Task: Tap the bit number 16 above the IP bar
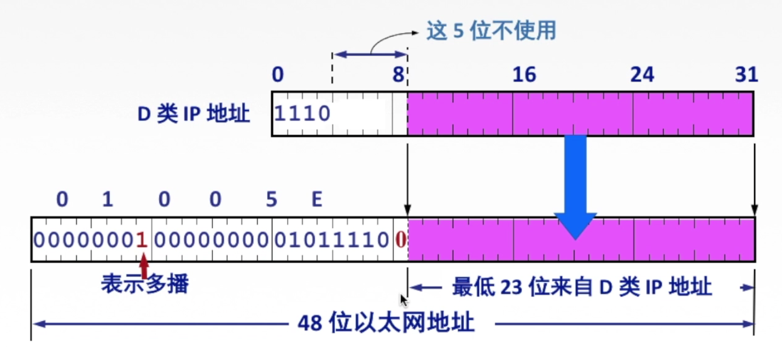pyautogui.click(x=524, y=75)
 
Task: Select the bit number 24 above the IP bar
pyautogui.click(x=642, y=75)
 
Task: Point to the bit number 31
pyautogui.click(x=746, y=75)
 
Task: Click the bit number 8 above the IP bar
pyautogui.click(x=398, y=75)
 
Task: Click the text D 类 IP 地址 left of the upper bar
pyautogui.click(x=194, y=114)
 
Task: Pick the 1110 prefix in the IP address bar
pyautogui.click(x=302, y=114)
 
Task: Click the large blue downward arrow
pyautogui.click(x=575, y=186)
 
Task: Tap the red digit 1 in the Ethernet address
pyautogui.click(x=142, y=240)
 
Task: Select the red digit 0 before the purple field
pyautogui.click(x=401, y=240)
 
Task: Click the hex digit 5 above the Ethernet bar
pyautogui.click(x=271, y=200)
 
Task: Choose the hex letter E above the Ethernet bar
pyautogui.click(x=317, y=200)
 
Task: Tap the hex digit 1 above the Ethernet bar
pyautogui.click(x=107, y=200)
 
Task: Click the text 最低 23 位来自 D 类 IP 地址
pyautogui.click(x=582, y=287)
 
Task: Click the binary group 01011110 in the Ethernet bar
pyautogui.click(x=332, y=240)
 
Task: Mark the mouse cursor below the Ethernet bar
pyautogui.click(x=404, y=300)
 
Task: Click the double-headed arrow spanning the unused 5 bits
pyautogui.click(x=370, y=54)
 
